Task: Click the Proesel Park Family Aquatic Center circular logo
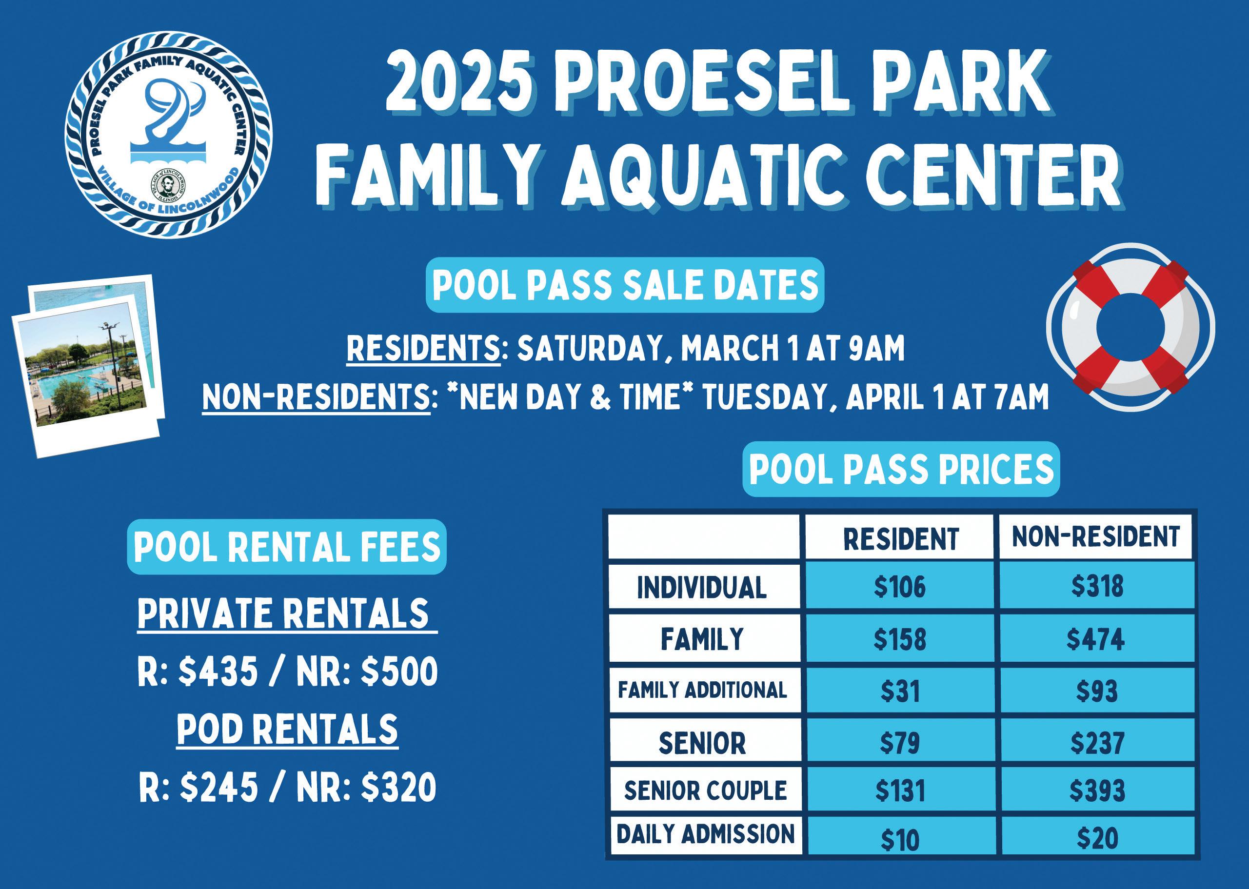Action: [x=169, y=135]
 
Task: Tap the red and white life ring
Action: [x=1130, y=327]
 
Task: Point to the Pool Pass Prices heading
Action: [x=901, y=469]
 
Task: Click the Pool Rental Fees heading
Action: [x=287, y=547]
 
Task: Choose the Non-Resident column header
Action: [x=1095, y=536]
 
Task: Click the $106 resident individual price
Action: [x=899, y=586]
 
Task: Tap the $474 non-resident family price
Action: [x=1095, y=639]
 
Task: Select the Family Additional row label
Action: [x=702, y=690]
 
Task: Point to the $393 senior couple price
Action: [x=1097, y=790]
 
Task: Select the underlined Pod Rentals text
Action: [x=287, y=730]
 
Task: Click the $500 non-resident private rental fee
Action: [x=399, y=672]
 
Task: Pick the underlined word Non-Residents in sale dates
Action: [x=317, y=397]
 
